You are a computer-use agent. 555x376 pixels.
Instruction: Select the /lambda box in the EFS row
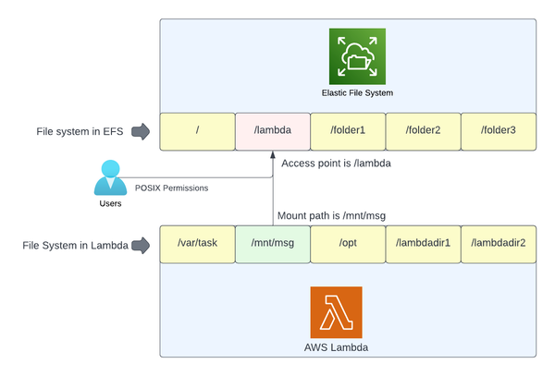point(272,131)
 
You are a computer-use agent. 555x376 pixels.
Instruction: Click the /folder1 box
point(348,131)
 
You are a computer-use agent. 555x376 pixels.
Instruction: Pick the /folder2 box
point(423,131)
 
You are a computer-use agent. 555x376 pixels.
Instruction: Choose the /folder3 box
point(498,131)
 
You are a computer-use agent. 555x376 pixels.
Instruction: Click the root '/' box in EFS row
point(197,131)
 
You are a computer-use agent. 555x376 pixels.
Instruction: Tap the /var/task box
point(197,245)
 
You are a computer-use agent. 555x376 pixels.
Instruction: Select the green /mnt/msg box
point(272,245)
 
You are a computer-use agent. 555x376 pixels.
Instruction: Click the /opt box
point(348,245)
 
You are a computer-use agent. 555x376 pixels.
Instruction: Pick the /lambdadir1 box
point(423,245)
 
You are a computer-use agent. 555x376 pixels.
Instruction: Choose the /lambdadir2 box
point(498,245)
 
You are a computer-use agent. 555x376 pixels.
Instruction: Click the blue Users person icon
point(110,177)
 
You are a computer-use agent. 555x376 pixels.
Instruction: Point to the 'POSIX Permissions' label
point(171,188)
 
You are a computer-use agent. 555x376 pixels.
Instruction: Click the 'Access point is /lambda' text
point(335,163)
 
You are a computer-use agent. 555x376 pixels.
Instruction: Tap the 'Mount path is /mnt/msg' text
point(331,216)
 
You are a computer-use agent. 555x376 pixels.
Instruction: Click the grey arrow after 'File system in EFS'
point(140,131)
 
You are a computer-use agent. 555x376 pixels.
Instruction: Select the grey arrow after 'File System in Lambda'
point(141,246)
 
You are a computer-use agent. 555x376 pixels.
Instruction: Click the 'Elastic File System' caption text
point(356,93)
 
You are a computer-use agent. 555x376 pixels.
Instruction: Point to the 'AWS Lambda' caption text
point(336,349)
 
